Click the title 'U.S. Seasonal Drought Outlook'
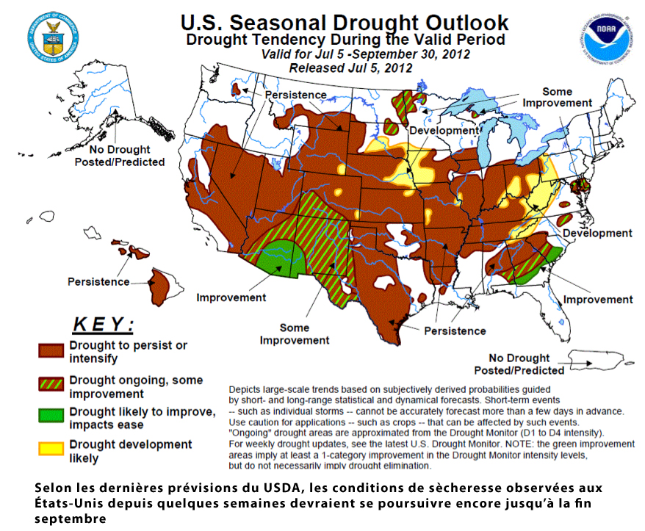click(x=345, y=23)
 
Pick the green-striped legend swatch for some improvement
click(x=51, y=385)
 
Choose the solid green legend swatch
click(x=51, y=416)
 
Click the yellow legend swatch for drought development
click(x=51, y=449)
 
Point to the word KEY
click(x=103, y=324)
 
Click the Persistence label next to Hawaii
click(x=98, y=281)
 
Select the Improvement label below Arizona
click(x=231, y=297)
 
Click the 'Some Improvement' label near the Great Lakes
click(x=557, y=98)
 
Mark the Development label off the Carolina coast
click(x=597, y=233)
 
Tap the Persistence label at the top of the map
click(x=295, y=95)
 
